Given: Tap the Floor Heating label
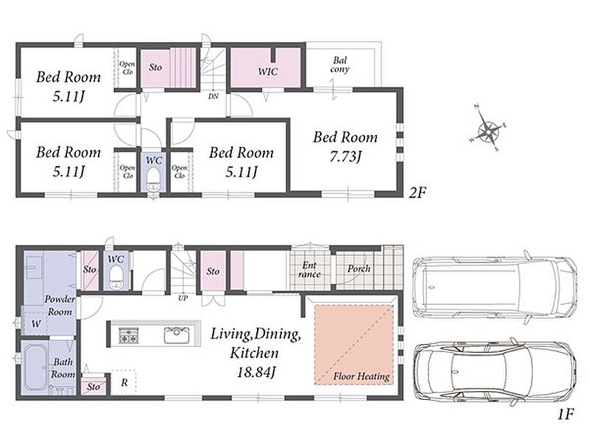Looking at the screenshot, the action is pos(361,376).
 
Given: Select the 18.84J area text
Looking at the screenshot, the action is pos(256,373).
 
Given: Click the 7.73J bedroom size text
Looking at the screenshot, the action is pos(345,157).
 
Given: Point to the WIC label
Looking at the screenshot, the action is pos(268,71).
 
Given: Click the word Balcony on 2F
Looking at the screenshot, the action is pos(340,65).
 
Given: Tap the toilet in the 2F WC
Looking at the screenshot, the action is pos(153,179).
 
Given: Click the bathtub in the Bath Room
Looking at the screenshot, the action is pos(35,368).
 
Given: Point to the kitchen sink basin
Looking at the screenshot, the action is pos(176,334).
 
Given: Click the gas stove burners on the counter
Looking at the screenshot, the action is pos(129,335).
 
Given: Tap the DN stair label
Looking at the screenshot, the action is pos(214,96).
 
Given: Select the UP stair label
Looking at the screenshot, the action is pos(183,298).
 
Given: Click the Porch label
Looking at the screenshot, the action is pos(359,269).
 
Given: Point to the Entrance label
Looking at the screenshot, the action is pos(309,270).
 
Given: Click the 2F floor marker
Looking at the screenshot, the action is pos(417,193).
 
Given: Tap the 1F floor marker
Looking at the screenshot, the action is pos(565,415).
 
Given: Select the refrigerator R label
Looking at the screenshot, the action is pos(124,382).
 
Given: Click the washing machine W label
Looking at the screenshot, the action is pos(35,323).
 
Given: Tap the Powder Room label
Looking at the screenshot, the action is pos(60,305).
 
